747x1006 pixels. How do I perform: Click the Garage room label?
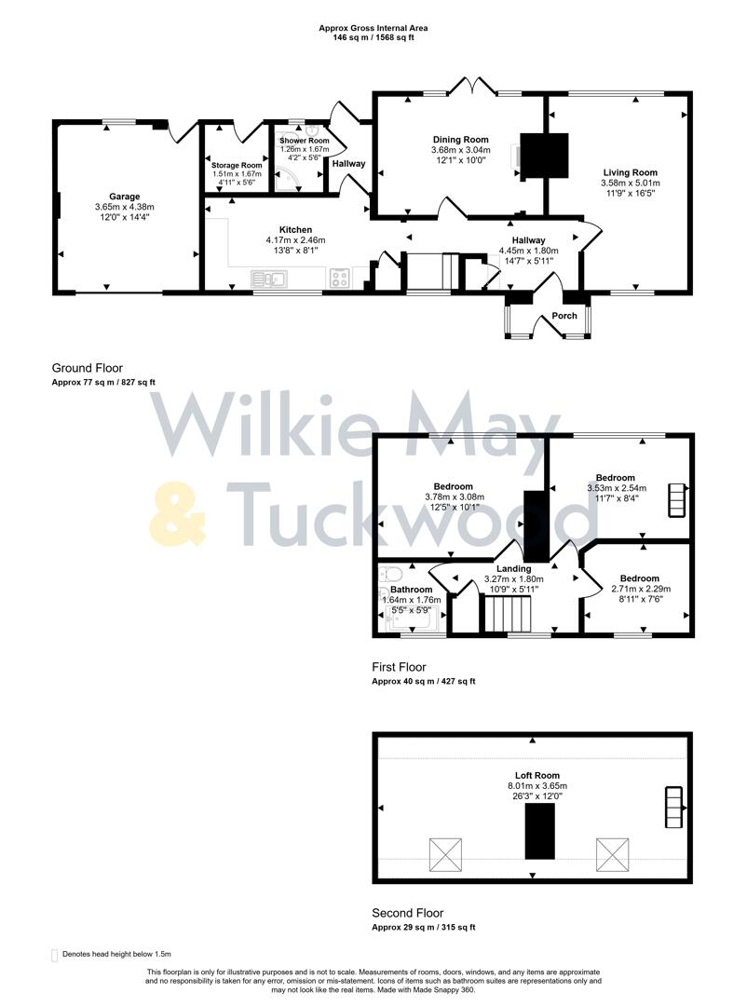[124, 197]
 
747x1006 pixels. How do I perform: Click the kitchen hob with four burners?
[339, 277]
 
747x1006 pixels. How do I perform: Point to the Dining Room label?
[461, 140]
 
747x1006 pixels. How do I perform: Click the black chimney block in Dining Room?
[543, 155]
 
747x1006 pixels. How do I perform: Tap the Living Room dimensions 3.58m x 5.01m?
[630, 184]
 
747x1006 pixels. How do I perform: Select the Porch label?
[564, 316]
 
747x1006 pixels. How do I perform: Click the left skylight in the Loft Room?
[444, 853]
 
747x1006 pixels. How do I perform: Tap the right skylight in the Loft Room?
[611, 853]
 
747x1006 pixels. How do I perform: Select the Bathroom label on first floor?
[411, 590]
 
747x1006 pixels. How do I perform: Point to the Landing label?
[513, 568]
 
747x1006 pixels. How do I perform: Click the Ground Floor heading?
[87, 368]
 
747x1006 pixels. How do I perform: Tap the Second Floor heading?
[407, 913]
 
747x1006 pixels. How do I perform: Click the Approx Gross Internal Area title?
[373, 29]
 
